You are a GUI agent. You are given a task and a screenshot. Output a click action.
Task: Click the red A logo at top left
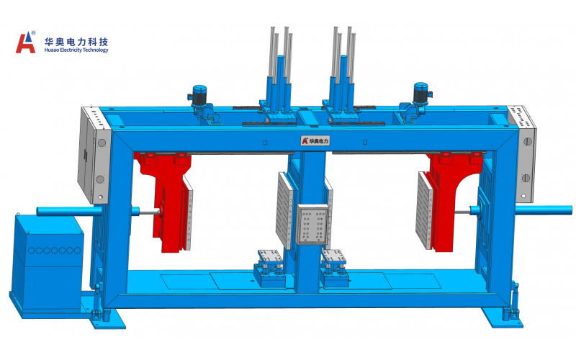(x=25, y=42)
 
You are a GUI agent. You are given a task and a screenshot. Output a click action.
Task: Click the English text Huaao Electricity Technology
(x=76, y=50)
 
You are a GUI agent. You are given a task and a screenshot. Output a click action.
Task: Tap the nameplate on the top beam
(x=315, y=140)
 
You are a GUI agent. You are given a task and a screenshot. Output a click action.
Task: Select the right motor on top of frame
(x=421, y=94)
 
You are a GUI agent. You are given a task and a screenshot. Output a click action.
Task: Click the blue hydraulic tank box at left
(x=48, y=262)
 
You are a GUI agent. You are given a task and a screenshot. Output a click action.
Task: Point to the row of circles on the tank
(x=55, y=251)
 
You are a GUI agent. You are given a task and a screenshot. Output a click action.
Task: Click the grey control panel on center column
(x=312, y=224)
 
